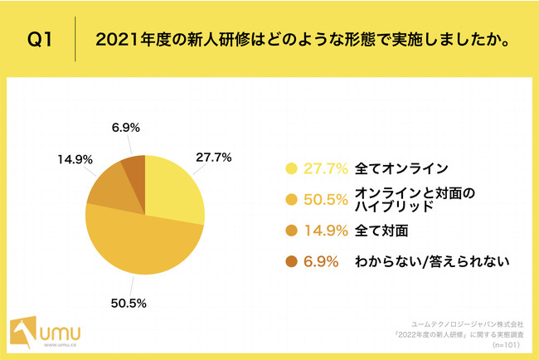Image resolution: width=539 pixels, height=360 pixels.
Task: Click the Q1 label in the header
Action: coord(41,39)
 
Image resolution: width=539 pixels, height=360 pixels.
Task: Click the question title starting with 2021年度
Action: coord(302,39)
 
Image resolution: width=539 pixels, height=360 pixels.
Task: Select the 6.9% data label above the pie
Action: coord(124,128)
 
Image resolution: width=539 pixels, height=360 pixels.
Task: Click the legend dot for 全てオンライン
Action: coord(291,168)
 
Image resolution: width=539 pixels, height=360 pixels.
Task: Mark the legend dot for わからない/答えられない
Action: coord(291,261)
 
